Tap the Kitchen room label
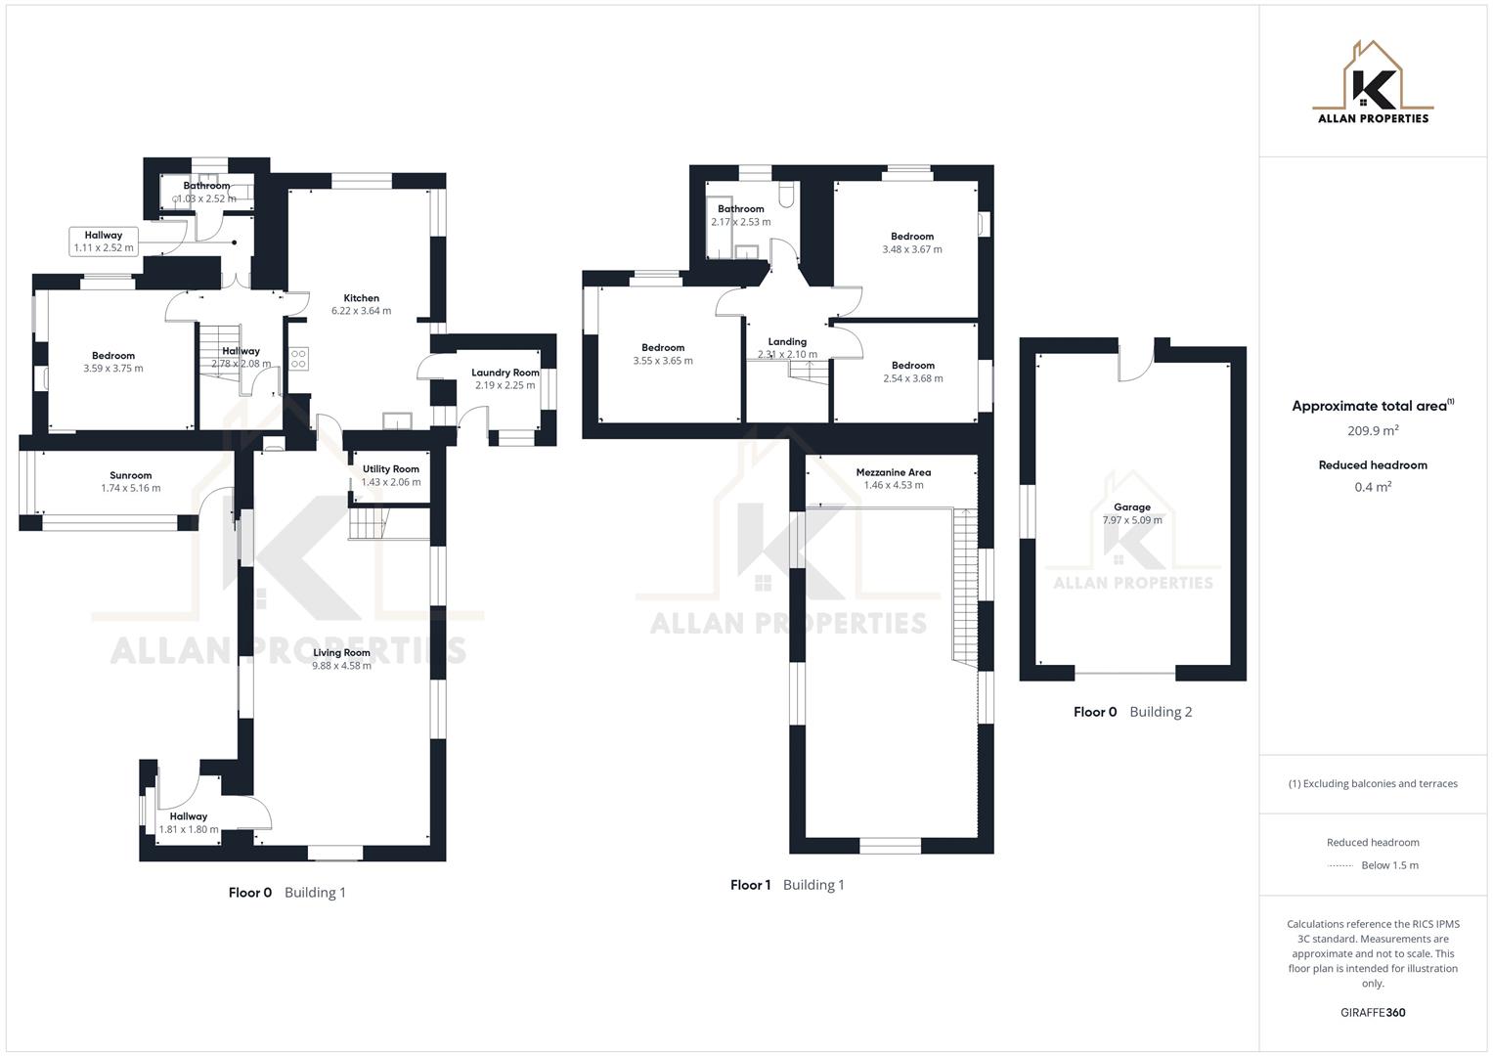pos(361,298)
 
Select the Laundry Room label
pos(505,373)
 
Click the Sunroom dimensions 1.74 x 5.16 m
pos(130,489)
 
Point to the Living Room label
pos(341,652)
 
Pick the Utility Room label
pos(390,469)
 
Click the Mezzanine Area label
pos(893,472)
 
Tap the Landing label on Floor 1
pos(787,342)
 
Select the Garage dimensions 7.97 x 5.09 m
pos(1132,520)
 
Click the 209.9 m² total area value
pos(1373,430)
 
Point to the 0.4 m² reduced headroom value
pos(1373,487)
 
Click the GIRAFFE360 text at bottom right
pos(1373,1013)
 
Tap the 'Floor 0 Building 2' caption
pos(1132,712)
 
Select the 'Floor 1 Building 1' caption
pos(787,885)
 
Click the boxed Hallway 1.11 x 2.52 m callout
pos(104,242)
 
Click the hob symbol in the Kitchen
pos(298,359)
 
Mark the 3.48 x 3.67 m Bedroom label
pos(912,243)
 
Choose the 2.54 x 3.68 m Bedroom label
pos(912,373)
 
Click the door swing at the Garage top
pos(1136,364)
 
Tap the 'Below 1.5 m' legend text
pos(1389,865)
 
